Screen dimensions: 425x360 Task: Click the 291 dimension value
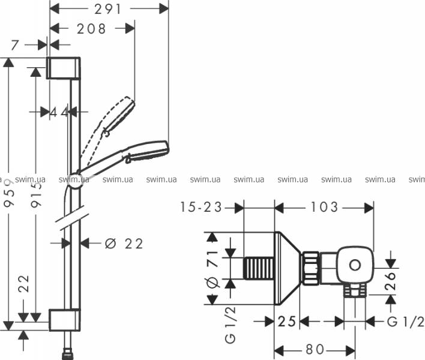coord(108,10)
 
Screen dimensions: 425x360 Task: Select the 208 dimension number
coord(91,29)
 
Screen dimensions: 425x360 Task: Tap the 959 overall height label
coord(10,193)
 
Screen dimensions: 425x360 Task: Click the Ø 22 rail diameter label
coord(124,244)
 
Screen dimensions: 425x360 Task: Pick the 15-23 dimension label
coord(201,207)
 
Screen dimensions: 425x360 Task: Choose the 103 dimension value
coord(324,207)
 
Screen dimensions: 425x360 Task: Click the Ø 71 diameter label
coord(212,269)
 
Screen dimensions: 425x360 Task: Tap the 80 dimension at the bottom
coord(315,349)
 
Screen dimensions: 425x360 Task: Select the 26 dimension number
coord(391,281)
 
